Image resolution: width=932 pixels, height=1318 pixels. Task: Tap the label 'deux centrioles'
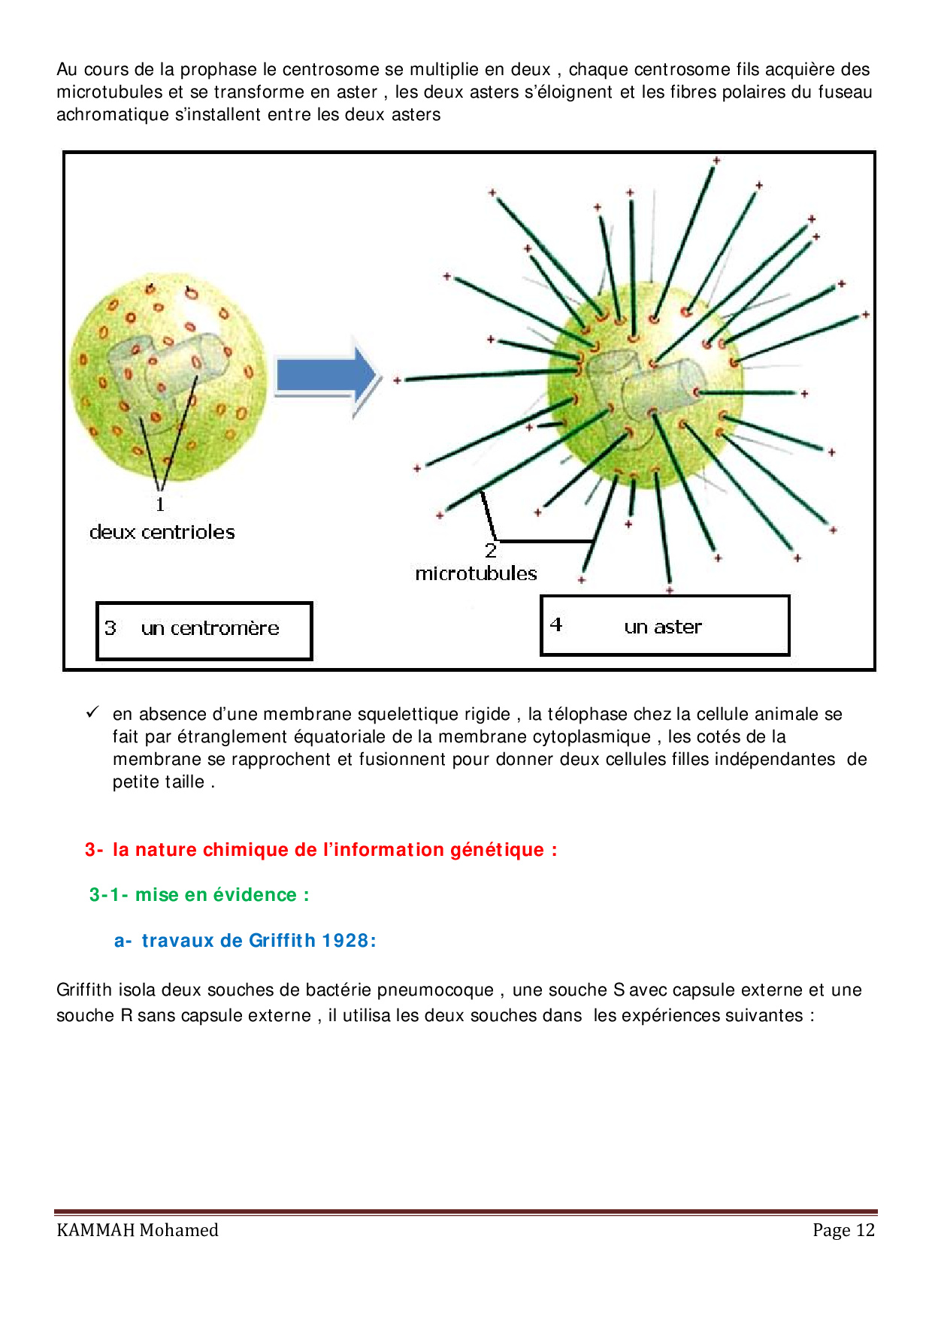point(162,532)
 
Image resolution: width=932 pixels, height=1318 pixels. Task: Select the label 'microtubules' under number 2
point(476,573)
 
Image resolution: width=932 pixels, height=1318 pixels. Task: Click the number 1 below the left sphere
point(160,504)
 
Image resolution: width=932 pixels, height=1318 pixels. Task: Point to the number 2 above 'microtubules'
point(491,551)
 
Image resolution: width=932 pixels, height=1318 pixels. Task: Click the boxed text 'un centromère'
point(210,628)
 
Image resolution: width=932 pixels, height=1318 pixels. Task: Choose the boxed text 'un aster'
point(663,627)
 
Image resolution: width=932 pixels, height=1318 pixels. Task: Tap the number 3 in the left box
point(110,627)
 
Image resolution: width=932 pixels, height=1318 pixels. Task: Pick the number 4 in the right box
point(556,624)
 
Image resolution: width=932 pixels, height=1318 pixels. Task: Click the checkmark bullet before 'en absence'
point(93,712)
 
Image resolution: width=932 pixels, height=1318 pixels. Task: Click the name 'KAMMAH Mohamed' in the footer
point(138,1230)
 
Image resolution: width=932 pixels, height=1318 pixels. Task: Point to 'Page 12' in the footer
point(843,1230)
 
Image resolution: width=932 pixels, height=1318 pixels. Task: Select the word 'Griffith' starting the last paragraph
point(84,990)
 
